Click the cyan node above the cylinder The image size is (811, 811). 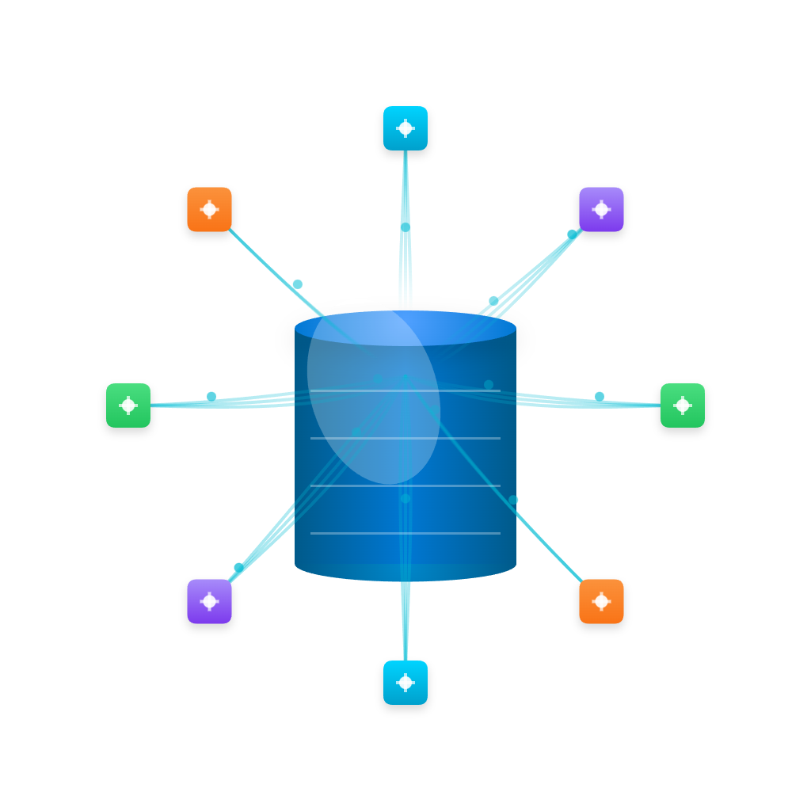coord(405,128)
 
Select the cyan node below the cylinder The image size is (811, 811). coord(405,683)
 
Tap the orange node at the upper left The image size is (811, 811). coord(209,209)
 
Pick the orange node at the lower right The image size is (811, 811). coord(601,601)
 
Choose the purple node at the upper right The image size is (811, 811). coord(601,209)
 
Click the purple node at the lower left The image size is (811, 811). coord(209,601)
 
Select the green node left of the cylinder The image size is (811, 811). coord(128,405)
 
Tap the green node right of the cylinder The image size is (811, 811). coord(683,405)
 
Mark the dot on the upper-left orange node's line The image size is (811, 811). coord(298,284)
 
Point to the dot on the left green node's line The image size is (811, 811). coord(211,396)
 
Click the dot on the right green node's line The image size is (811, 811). coord(600,396)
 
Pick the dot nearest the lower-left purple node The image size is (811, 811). coord(238,567)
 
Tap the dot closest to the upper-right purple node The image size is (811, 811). coord(572,234)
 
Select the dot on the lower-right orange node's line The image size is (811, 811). coord(514,500)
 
